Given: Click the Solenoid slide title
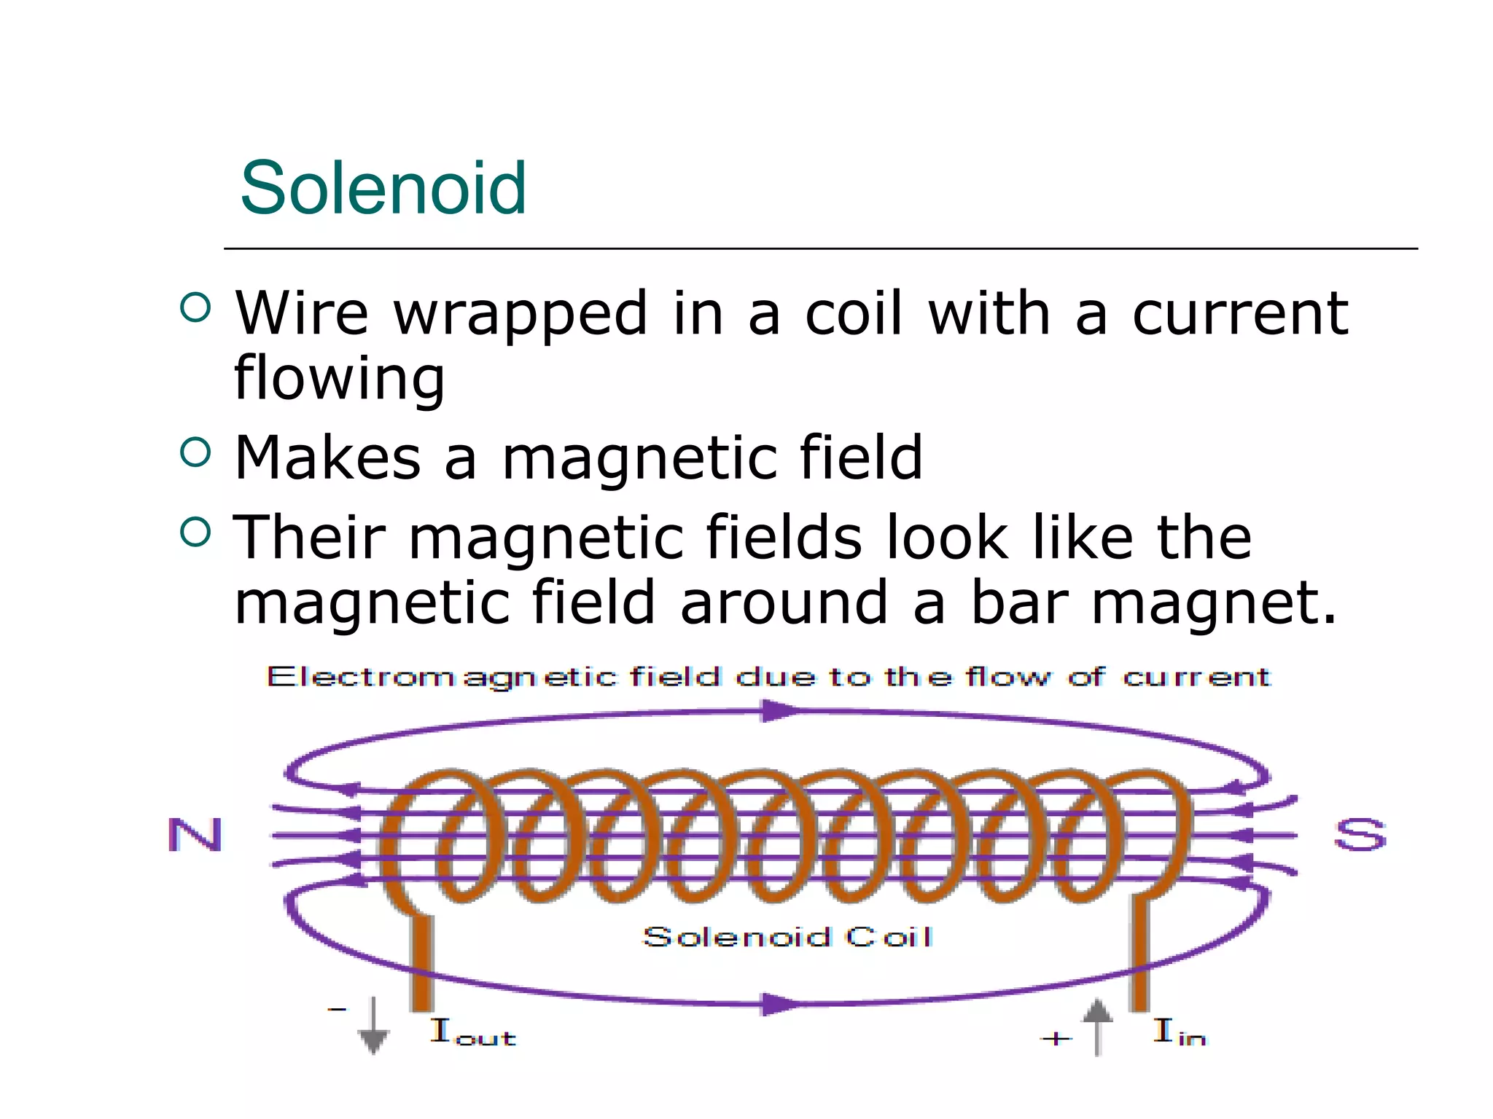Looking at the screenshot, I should click(383, 189).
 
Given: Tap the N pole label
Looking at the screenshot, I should click(195, 835).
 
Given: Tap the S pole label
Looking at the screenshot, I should click(1360, 835).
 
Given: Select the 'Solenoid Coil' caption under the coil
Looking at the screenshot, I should click(787, 937).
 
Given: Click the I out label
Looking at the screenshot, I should click(472, 1032).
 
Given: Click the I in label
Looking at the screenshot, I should click(1179, 1032).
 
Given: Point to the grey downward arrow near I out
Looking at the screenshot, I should click(373, 1026).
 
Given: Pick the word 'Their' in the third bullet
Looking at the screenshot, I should click(308, 537).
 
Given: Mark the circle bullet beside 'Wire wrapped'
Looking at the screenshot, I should click(195, 307).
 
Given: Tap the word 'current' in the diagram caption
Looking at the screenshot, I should click(1196, 678).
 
